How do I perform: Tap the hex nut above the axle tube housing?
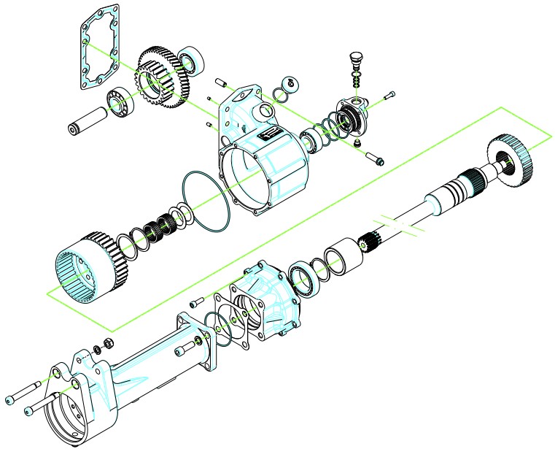[105, 343]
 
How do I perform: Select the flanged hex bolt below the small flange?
[376, 158]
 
